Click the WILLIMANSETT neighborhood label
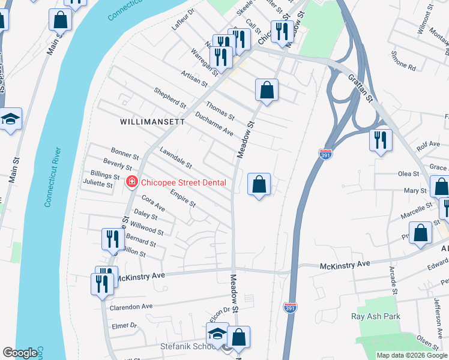[152, 121]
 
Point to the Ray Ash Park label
[376, 316]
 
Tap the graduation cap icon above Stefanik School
[217, 334]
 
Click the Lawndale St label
[176, 157]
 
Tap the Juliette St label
[97, 185]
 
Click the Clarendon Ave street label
[131, 307]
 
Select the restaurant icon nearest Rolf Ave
[381, 140]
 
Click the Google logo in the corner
[20, 353]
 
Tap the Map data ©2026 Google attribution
[412, 355]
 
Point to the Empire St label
[182, 199]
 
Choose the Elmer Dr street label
[124, 326]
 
